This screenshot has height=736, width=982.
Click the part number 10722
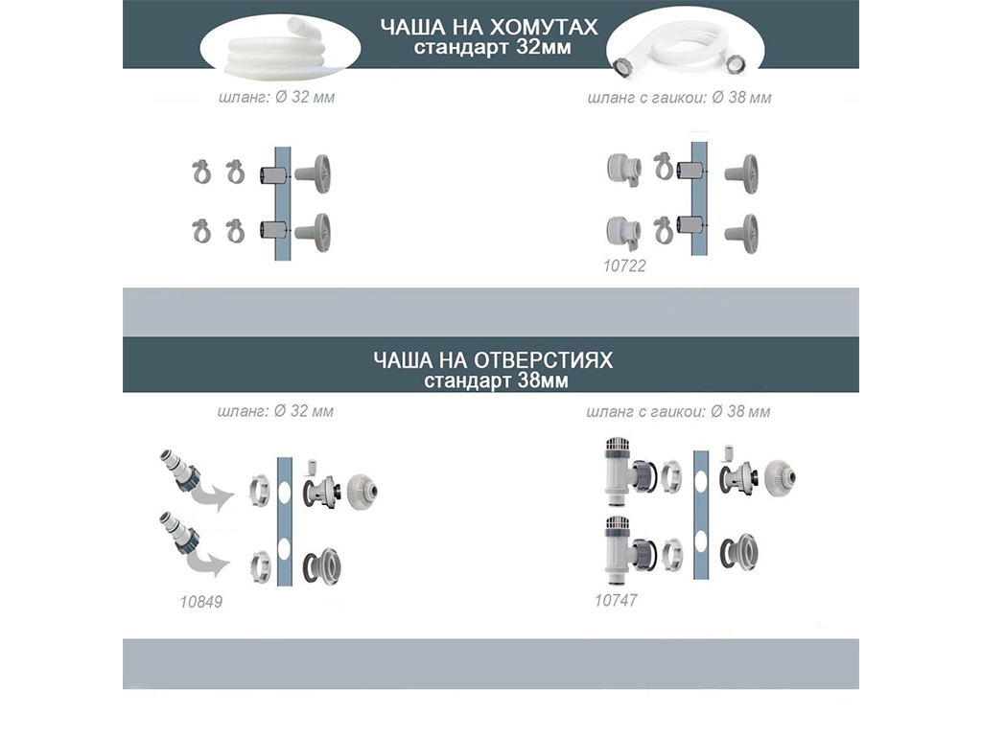click(x=623, y=266)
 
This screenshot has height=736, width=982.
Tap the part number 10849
click(x=201, y=602)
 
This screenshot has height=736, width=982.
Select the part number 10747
click(x=616, y=601)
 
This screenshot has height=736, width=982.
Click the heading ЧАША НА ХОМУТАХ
click(x=489, y=27)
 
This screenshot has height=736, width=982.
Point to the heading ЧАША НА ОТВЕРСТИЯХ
click(x=493, y=360)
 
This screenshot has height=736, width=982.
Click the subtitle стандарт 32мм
click(x=492, y=48)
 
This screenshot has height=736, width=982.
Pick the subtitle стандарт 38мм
click(x=496, y=380)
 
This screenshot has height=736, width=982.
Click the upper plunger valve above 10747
click(x=627, y=471)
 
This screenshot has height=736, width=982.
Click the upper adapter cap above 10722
click(x=624, y=169)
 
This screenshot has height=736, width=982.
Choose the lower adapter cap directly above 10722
click(x=624, y=233)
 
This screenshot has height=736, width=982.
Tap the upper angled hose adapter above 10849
click(x=180, y=471)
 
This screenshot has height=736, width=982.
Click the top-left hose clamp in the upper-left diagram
click(x=201, y=172)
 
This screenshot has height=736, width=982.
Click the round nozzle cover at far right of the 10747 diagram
click(x=780, y=479)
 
